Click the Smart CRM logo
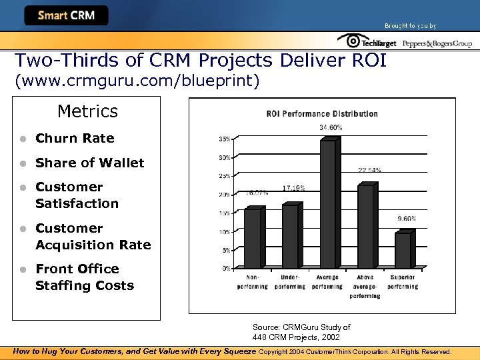pos(66,15)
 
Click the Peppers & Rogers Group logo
pos(437,43)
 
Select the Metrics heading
pos(87,111)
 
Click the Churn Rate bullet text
pos(75,139)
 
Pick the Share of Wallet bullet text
pos(89,163)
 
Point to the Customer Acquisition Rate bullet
pos(93,237)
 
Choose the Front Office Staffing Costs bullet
pos(84,277)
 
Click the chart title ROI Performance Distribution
pos(322,113)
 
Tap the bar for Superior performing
pos(403,249)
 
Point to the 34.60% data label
pos(331,127)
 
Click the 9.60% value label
pos(406,219)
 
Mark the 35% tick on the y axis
pos(225,139)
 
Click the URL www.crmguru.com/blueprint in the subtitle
pos(137,81)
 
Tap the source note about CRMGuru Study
pos(301,332)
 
